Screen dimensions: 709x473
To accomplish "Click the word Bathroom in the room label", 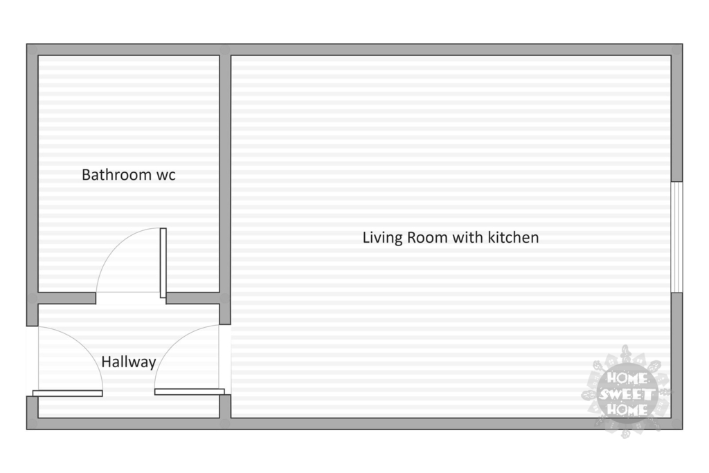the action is tap(116, 175).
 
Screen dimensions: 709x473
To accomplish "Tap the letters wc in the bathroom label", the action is tap(166, 176).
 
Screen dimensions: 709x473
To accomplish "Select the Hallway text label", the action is tap(128, 362).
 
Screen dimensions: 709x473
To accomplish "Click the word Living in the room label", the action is tap(382, 238).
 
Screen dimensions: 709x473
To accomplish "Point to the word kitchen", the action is tap(513, 237).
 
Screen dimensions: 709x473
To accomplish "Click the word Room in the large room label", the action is tap(427, 238).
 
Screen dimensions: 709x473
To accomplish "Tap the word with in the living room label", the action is tap(467, 237).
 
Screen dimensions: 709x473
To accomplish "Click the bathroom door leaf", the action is tap(163, 263).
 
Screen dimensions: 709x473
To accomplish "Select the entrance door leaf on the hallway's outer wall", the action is tap(68, 393).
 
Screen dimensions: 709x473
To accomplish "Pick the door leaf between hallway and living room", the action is tap(190, 391).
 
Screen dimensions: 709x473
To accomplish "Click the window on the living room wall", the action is tap(676, 237).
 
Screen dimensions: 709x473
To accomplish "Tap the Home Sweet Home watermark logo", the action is tap(626, 392).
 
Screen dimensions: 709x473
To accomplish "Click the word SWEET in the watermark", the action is tap(626, 394).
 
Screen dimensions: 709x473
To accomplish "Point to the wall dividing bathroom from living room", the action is tap(225, 185).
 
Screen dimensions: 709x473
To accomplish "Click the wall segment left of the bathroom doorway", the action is tap(67, 298).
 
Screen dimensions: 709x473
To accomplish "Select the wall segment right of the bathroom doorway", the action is tap(192, 298).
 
